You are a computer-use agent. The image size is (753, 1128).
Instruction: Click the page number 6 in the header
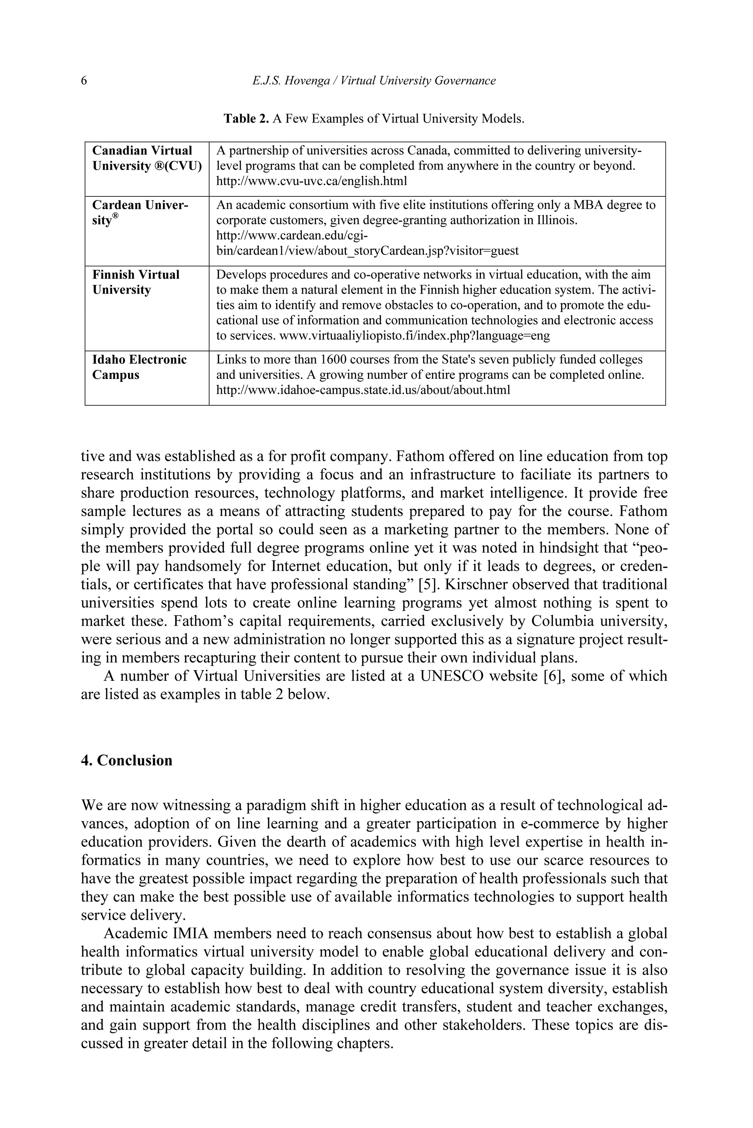pos(84,81)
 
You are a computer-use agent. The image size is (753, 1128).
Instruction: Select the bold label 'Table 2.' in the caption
pos(246,119)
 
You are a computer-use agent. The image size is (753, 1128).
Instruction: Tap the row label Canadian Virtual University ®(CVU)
pos(146,158)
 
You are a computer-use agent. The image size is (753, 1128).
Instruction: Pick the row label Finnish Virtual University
pos(136,282)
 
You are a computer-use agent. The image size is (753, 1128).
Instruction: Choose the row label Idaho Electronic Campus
pos(139,367)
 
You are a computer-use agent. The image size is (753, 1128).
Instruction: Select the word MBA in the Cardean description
pos(588,205)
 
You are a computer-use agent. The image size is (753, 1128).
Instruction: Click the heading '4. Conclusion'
pos(127,761)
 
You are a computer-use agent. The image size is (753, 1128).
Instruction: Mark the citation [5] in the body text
pos(427,585)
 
